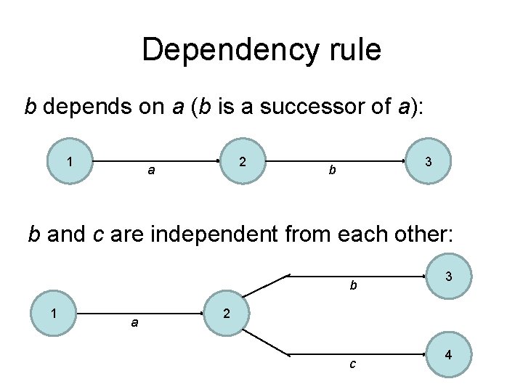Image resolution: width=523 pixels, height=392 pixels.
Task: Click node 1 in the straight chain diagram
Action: [69, 160]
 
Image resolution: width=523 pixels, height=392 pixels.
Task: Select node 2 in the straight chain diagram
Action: [243, 160]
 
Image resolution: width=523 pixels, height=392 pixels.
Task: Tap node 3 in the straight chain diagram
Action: [429, 160]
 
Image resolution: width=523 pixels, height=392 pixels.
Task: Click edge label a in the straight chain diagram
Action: [150, 171]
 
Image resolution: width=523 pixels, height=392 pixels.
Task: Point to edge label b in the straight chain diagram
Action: [331, 171]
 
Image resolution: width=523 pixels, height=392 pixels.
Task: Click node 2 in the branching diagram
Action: [227, 313]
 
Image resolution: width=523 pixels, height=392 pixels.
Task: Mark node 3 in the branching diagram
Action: [450, 276]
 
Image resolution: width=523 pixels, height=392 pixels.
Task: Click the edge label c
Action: [352, 364]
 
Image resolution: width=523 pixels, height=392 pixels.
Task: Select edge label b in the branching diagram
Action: [353, 285]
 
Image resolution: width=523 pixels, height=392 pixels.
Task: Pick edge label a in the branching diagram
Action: [134, 322]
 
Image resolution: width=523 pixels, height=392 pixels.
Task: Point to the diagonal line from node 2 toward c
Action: [266, 342]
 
